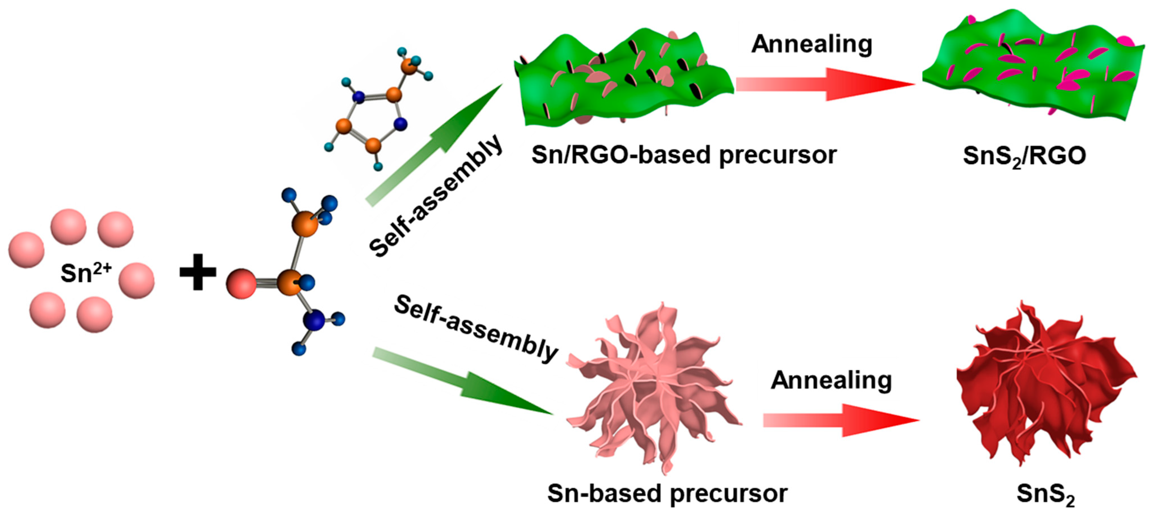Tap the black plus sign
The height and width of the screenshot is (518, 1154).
coord(198,272)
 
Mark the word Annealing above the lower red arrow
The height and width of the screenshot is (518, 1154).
coord(831,380)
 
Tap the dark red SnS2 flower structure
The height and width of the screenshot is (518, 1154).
coord(1044,385)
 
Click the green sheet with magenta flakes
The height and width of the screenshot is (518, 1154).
coord(1030,67)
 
